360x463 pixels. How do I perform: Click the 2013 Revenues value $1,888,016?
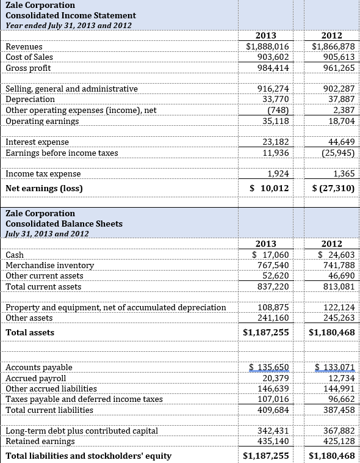267,46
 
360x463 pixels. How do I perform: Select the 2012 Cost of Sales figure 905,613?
337,57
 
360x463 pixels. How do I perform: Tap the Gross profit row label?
28,68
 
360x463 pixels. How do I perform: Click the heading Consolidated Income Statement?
71,15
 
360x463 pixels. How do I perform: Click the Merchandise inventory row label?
49,265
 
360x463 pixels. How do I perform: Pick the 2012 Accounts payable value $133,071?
334,367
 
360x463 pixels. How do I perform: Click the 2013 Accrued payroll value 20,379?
275,378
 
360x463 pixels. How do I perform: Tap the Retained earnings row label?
40,441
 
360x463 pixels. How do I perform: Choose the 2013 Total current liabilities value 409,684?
273,410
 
